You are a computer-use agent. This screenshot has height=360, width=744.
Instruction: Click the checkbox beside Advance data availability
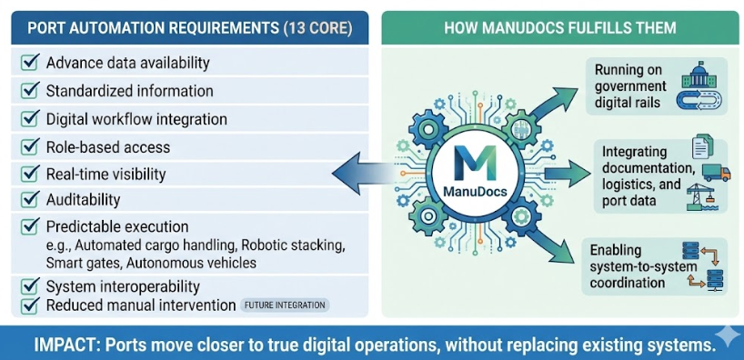30,62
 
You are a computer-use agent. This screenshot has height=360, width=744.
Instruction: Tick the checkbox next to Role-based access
30,147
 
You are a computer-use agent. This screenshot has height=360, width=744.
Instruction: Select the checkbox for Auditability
30,200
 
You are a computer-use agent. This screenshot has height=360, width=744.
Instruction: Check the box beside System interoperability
30,286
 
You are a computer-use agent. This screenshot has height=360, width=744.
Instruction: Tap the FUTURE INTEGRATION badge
285,305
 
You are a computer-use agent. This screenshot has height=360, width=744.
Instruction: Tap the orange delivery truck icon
717,173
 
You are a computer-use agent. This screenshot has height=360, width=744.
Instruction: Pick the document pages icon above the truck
702,146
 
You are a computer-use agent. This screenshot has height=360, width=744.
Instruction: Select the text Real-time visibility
106,175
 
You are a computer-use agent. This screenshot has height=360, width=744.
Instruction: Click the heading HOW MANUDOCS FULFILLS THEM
560,27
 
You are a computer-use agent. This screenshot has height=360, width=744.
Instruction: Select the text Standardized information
129,91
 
